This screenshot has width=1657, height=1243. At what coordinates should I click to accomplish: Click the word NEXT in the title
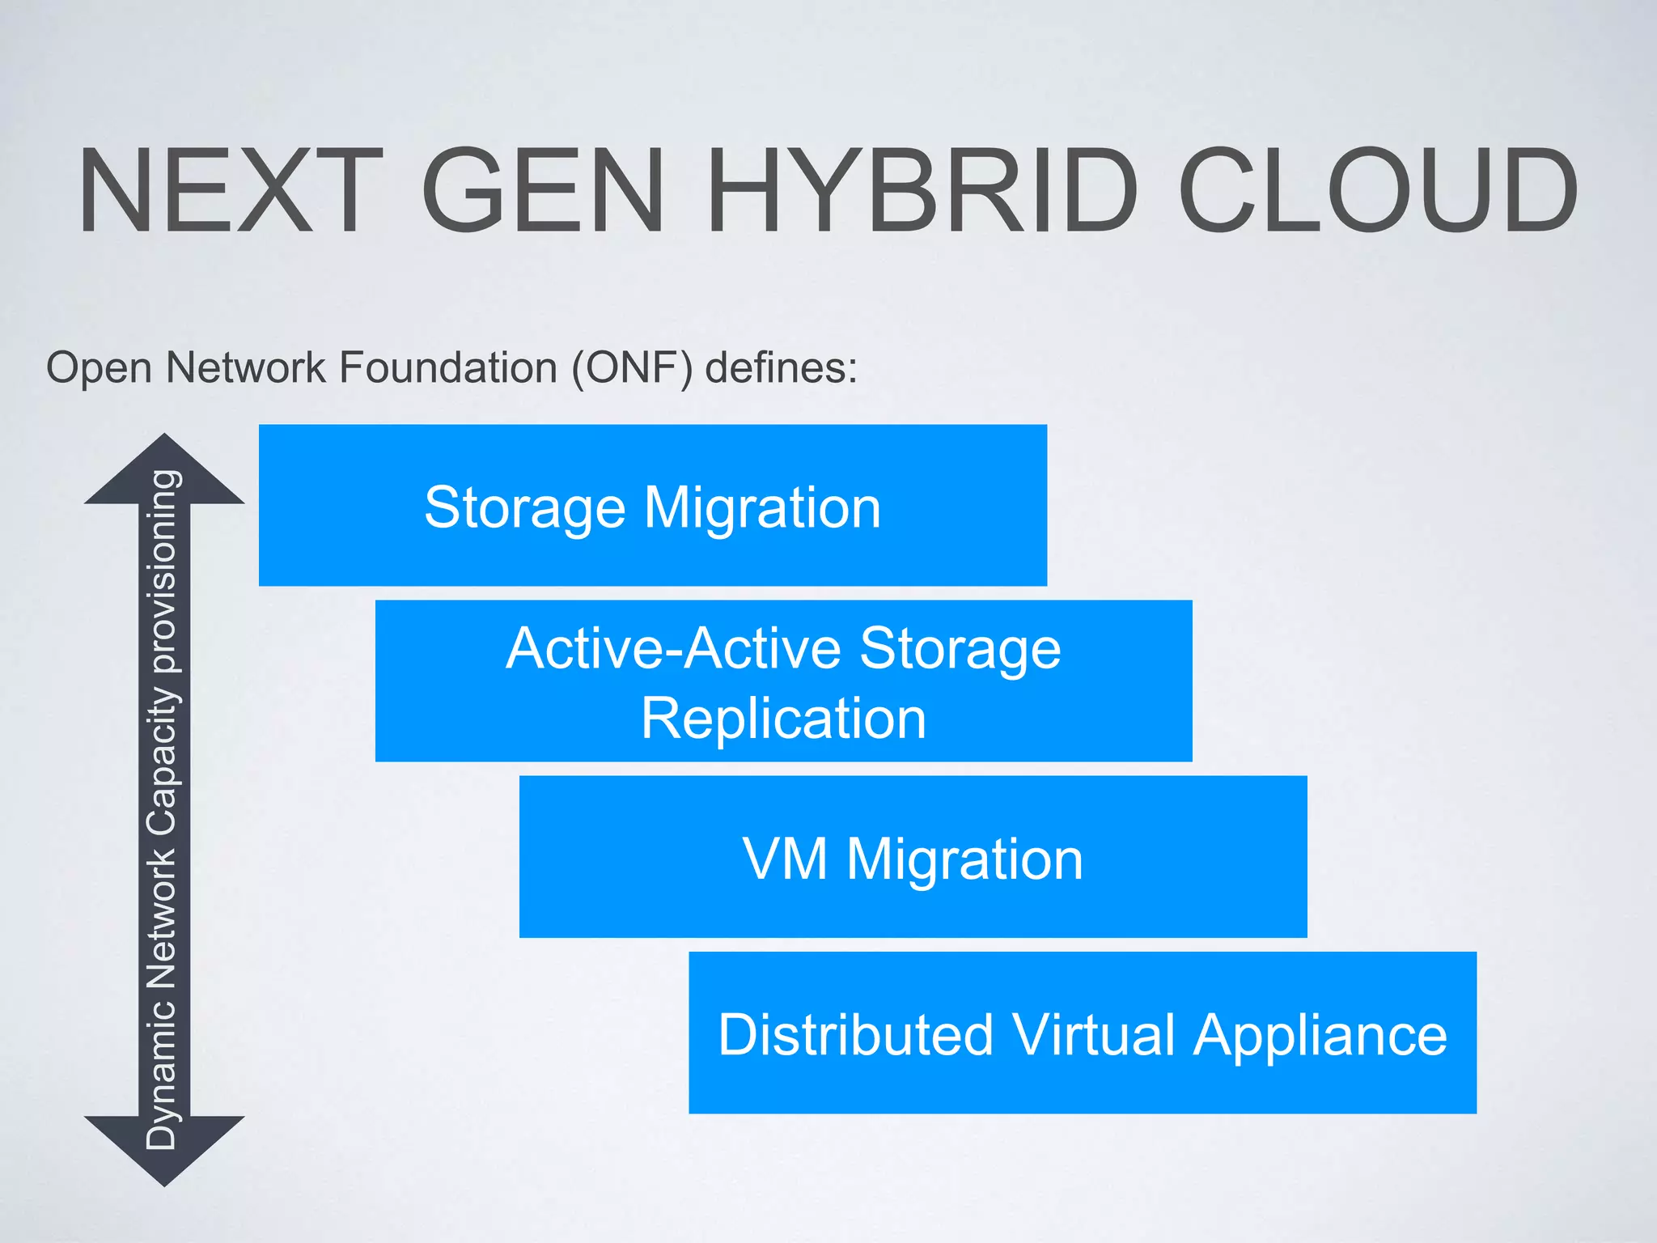click(x=230, y=191)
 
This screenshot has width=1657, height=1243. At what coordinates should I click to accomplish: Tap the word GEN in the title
click(x=543, y=191)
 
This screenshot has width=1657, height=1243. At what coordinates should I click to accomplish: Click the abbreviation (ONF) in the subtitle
click(x=632, y=368)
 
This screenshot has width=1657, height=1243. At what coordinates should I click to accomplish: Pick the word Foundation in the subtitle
click(x=447, y=368)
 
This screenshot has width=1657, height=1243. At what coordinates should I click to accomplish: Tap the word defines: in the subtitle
click(x=781, y=368)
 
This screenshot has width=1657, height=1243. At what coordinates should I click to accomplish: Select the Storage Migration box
click(x=652, y=505)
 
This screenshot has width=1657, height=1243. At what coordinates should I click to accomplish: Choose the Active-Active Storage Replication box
click(x=783, y=681)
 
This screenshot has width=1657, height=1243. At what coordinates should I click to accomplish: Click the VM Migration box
click(x=913, y=856)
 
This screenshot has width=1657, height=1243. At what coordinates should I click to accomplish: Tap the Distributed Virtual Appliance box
click(x=1082, y=1033)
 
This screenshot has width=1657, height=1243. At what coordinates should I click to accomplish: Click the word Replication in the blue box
click(x=783, y=719)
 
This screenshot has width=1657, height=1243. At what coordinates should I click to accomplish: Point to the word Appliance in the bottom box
click(x=1320, y=1036)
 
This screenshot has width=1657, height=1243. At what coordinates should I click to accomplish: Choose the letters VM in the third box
click(x=785, y=858)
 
